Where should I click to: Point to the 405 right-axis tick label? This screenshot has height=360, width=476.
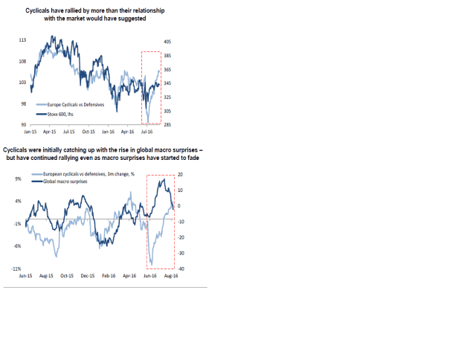167,42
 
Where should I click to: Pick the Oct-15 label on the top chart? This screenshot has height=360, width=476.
89,130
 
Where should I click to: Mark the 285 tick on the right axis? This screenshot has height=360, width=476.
167,125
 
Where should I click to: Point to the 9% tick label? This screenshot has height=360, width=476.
16,179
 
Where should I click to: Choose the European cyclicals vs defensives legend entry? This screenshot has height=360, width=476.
83,174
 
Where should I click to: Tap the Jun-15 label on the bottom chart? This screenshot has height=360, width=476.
25,275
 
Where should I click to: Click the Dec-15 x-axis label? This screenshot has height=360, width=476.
88,275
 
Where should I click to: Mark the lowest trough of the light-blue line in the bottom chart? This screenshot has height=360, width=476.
151,264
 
